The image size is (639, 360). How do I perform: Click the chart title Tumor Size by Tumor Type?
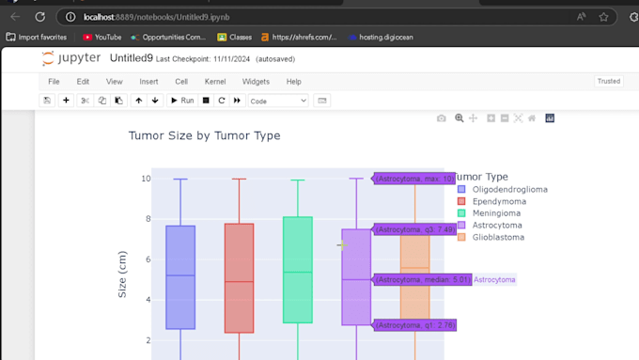tap(204, 135)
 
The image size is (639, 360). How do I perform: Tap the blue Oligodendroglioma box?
tap(180, 277)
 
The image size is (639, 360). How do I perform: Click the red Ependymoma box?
tap(239, 277)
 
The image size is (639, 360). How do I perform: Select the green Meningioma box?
tap(297, 271)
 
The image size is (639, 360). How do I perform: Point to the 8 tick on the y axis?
tap(146, 219)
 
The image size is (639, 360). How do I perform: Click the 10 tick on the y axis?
tap(146, 179)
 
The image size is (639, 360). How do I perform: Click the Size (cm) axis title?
tap(122, 274)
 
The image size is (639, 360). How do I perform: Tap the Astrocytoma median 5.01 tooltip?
tap(422, 279)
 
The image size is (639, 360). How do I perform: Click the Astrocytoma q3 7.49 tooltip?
tap(415, 229)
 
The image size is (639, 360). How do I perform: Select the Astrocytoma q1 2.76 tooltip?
tap(415, 325)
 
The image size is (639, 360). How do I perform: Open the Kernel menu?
tap(214, 82)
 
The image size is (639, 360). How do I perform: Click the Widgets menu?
tap(256, 82)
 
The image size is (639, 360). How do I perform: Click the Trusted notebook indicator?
tap(609, 82)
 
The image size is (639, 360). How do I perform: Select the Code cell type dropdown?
tap(278, 101)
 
